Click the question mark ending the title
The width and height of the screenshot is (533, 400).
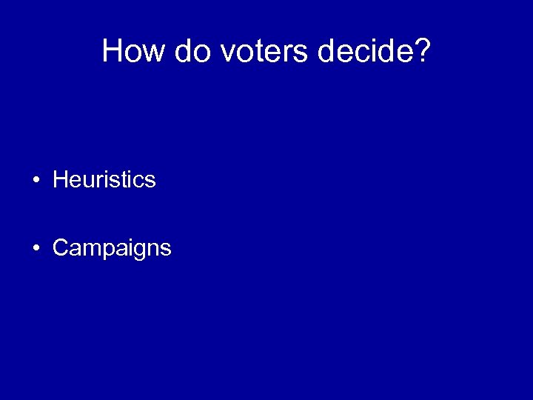[420, 51]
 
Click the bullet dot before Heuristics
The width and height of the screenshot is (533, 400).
[36, 180]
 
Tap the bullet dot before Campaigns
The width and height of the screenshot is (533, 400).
[36, 248]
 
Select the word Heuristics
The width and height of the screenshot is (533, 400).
[104, 180]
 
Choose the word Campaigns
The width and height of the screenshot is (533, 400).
[112, 248]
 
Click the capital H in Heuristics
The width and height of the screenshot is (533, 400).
[60, 180]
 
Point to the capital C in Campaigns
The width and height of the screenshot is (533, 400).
[61, 248]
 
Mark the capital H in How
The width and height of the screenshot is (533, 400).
[113, 51]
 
